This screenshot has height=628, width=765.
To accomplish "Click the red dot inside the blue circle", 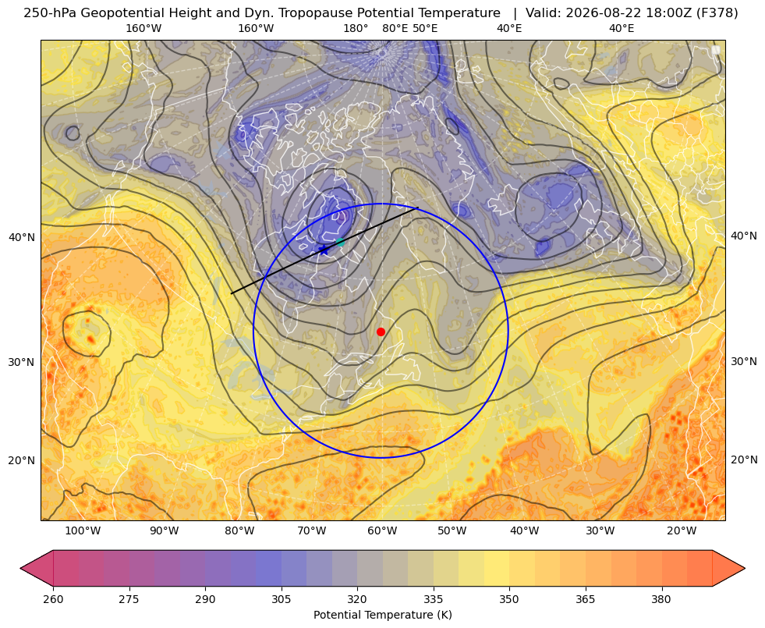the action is point(381,332).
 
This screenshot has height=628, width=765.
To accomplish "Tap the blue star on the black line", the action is point(324,250).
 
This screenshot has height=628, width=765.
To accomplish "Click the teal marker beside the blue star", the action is point(340,242).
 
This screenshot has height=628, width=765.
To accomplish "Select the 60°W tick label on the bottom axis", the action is point(382,530).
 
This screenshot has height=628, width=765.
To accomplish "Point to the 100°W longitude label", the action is point(83,530).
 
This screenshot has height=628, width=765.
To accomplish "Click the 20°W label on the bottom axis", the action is point(682,530).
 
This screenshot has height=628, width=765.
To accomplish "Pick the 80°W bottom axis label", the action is point(239,530).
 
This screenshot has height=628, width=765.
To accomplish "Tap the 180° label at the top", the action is point(356,28).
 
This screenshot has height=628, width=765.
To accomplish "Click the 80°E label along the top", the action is point(395,28).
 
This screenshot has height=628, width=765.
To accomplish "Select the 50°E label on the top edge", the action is point(425,28).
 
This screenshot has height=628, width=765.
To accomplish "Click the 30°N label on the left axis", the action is point(22,363).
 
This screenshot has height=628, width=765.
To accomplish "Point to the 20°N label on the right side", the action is point(744,459).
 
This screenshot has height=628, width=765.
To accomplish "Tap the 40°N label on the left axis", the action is point(22,238).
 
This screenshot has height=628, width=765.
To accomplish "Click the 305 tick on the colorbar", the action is point(282,599).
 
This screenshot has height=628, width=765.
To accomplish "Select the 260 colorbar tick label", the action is point(53,599).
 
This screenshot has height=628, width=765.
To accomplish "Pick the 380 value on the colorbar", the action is point(661,599).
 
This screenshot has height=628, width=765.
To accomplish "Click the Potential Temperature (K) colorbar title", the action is point(382,615).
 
